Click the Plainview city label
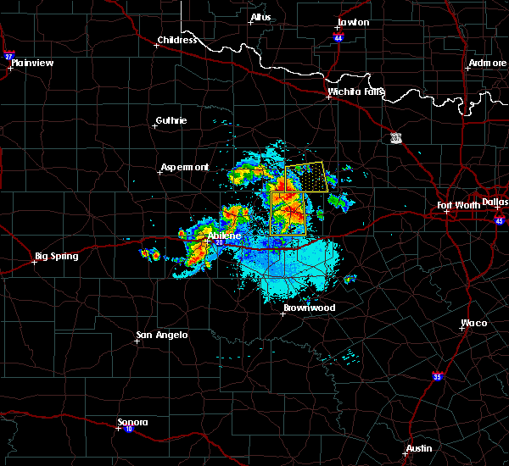[35, 62]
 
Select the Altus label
[260, 17]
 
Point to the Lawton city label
[353, 22]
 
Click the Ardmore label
[487, 64]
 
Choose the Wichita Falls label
[356, 92]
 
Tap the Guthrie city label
[171, 120]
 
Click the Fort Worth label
[458, 205]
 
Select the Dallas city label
[494, 202]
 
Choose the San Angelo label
[162, 336]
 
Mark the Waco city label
[473, 323]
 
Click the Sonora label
[132, 422]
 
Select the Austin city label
[418, 448]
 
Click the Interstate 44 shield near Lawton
[339, 38]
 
